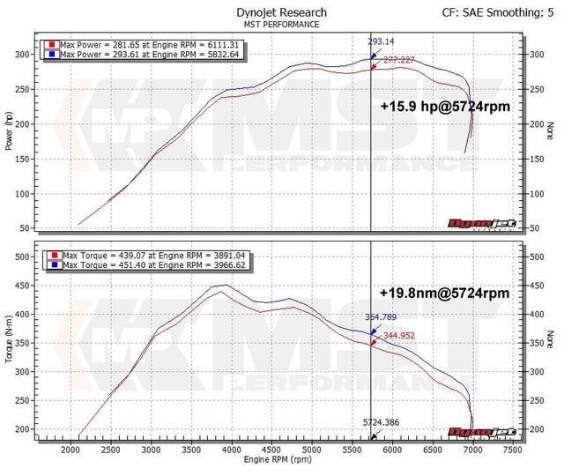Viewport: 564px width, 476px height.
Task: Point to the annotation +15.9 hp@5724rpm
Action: [x=446, y=106]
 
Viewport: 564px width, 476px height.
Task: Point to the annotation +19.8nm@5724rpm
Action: [x=446, y=291]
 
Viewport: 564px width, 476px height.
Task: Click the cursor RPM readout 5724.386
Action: [x=382, y=422]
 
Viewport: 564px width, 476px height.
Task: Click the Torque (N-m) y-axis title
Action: [x=9, y=339]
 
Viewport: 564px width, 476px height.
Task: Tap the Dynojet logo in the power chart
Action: [x=479, y=224]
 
